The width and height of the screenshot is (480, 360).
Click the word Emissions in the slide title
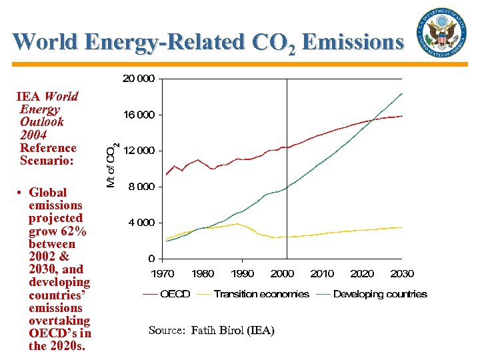pyautogui.click(x=353, y=42)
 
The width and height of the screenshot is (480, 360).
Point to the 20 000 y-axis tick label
pyautogui.click(x=138, y=79)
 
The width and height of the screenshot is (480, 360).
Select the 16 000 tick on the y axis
pyautogui.click(x=138, y=115)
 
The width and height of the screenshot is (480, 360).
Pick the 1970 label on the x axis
pyautogui.click(x=163, y=273)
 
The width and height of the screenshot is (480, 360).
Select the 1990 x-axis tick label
pyautogui.click(x=243, y=273)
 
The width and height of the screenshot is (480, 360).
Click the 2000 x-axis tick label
pyautogui.click(x=283, y=273)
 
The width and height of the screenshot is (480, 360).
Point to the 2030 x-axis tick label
pyautogui.click(x=402, y=273)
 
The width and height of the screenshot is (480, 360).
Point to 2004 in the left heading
pyautogui.click(x=33, y=135)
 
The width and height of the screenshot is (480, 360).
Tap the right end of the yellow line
pyautogui.click(x=402, y=227)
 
